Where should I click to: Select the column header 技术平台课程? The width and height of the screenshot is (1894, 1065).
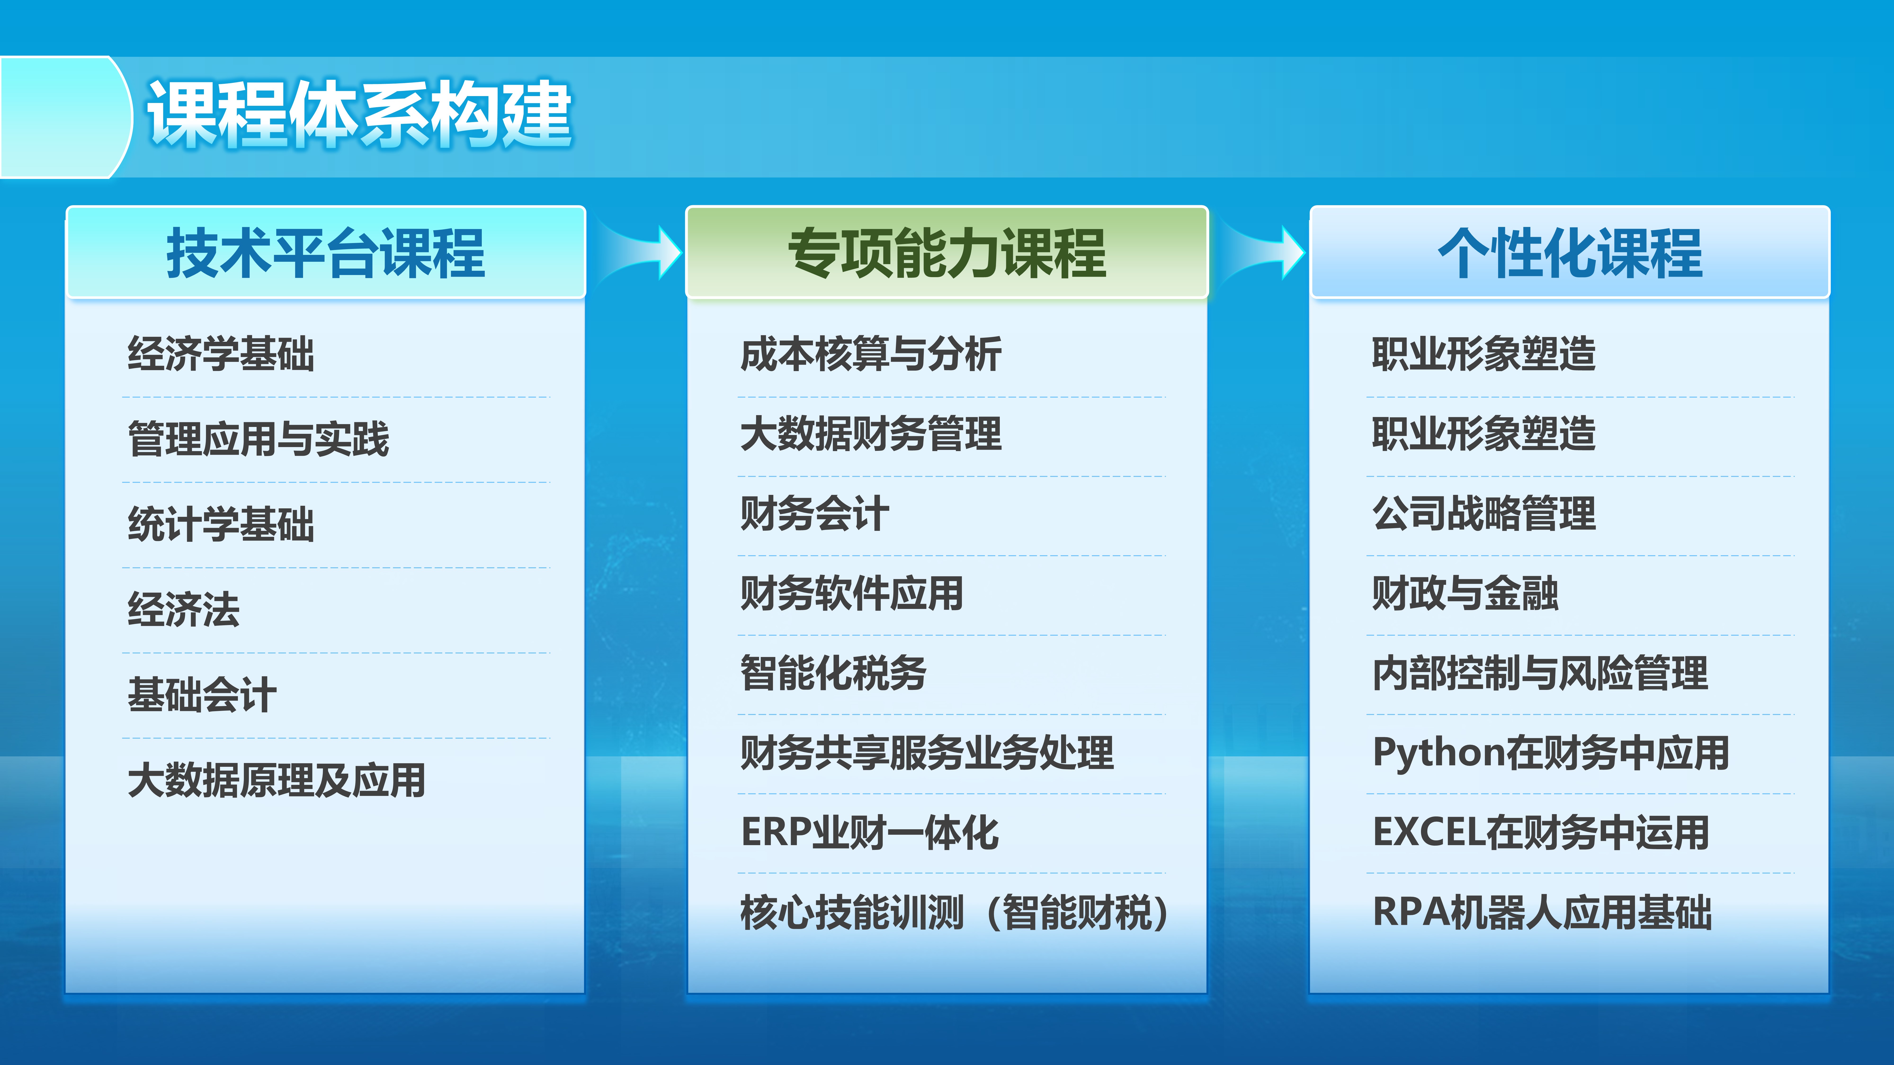coord(326,253)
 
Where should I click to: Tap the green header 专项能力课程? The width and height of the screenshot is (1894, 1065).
coord(947,253)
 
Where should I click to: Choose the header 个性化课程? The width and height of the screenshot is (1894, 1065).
coord(1570,253)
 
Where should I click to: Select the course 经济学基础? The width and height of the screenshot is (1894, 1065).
coord(221,354)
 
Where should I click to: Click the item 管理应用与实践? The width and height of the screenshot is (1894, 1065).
coord(258,439)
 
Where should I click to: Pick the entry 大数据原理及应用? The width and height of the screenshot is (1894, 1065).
coord(277,780)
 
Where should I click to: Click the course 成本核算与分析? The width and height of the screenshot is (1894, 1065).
coord(871,354)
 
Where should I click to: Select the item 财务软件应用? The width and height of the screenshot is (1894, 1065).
coord(851,593)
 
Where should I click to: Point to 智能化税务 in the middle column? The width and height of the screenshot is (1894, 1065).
coord(833,673)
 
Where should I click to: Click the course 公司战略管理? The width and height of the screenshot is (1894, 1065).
coord(1484,513)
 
